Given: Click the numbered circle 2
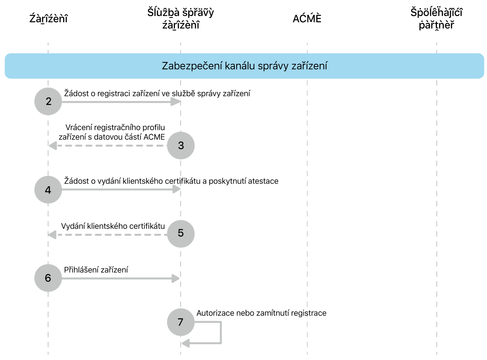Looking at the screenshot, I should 48,101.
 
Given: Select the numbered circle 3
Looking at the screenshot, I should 181,145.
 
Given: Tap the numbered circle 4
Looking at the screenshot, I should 48,190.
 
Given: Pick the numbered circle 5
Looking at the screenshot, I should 181,234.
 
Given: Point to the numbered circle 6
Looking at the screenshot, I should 48,278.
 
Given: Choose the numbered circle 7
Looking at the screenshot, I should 181,322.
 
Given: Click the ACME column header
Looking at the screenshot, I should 307,19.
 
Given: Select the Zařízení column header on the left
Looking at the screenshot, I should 48,19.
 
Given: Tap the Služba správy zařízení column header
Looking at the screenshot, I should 181,19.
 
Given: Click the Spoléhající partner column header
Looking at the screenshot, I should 436,19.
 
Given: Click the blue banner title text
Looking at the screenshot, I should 244,66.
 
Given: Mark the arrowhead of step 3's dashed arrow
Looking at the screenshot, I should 53,145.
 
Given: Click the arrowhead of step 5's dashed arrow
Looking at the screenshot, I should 52,235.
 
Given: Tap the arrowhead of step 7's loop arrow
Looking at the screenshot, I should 185,343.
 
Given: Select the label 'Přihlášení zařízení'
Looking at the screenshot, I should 96,270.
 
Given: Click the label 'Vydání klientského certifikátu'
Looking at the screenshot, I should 113,226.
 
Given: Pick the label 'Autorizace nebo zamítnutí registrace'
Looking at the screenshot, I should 261,313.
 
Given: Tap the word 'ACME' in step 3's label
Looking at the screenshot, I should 154,137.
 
